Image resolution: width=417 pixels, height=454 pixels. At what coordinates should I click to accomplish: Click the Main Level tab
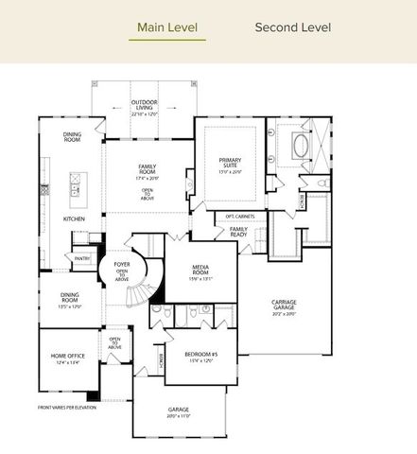[166, 27]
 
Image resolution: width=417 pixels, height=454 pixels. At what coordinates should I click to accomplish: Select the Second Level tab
[292, 27]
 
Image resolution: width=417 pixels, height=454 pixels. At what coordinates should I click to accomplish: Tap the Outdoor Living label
[144, 105]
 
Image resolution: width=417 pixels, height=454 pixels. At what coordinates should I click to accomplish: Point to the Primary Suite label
[230, 163]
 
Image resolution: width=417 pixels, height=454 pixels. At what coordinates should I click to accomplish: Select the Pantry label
[81, 257]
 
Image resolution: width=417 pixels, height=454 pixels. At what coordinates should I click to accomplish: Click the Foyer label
[122, 264]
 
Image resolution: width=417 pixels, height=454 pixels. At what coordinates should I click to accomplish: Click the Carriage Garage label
[285, 305]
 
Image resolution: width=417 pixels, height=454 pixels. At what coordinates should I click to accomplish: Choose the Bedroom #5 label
[200, 355]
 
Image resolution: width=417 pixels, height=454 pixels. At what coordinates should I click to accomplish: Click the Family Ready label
[239, 230]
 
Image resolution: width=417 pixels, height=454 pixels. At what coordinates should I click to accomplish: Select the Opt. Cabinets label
[240, 217]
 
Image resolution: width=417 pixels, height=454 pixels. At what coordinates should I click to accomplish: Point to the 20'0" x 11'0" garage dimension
[178, 416]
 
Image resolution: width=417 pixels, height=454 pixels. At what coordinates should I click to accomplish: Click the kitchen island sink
[74, 189]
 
